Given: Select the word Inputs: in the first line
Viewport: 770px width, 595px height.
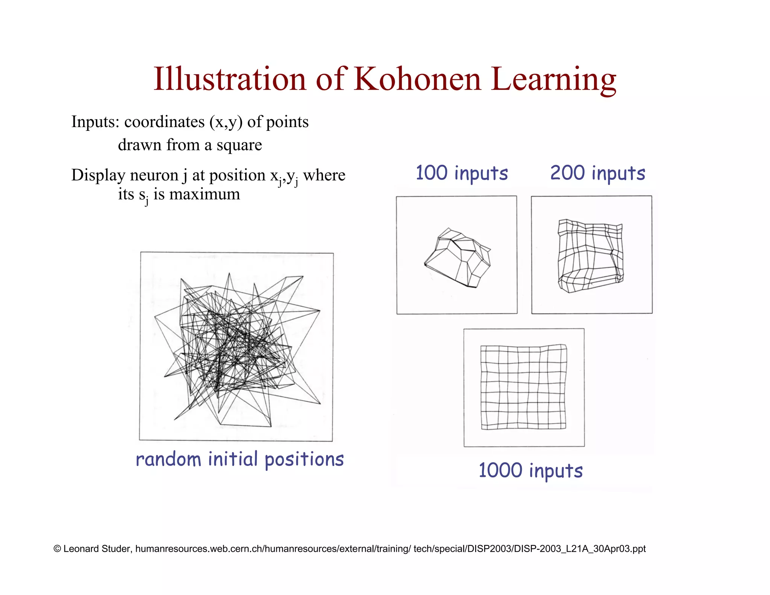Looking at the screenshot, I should (x=95, y=122).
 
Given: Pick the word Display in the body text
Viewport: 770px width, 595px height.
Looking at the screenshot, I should (x=98, y=176).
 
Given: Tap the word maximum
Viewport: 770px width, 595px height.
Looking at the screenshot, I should (x=205, y=194).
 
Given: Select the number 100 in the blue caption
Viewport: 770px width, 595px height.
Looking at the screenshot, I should (x=431, y=173).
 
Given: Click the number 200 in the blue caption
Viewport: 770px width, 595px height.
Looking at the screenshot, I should (x=567, y=173).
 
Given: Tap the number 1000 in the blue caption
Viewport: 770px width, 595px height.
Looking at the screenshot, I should (x=500, y=471).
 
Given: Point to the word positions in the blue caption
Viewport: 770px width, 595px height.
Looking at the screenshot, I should (x=304, y=460).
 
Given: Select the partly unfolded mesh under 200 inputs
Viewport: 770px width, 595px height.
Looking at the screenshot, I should (x=590, y=256).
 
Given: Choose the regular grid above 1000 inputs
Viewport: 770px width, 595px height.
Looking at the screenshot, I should (x=523, y=387).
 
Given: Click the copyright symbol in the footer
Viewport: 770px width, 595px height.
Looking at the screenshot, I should (x=57, y=549).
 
